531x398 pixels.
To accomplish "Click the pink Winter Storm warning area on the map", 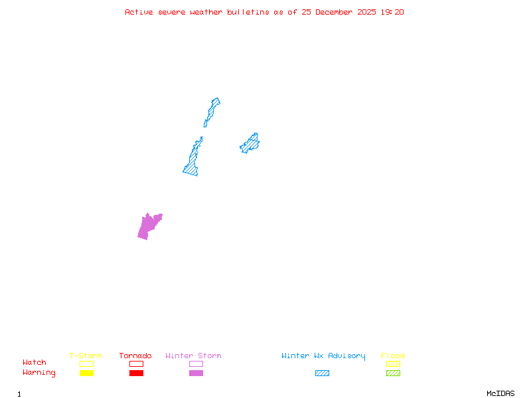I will tap(149, 226).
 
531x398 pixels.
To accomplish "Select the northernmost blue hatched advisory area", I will tap(212, 109).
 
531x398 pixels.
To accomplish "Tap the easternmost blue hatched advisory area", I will tap(250, 143).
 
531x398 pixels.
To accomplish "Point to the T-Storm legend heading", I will tap(86, 356).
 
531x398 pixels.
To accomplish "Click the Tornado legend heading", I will tap(135, 356).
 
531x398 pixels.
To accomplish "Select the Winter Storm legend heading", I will tap(193, 356).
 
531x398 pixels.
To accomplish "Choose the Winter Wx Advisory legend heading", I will tap(323, 356).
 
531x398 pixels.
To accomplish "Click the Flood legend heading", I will tap(393, 356).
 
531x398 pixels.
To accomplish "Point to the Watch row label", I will tap(35, 363).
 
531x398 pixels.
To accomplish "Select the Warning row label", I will tap(39, 373).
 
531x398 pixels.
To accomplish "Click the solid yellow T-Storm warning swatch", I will tap(86, 373).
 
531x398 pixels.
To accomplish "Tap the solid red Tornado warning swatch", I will tap(136, 373).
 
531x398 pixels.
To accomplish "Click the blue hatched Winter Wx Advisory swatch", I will tap(322, 373).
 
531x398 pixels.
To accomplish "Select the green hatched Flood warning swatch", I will tap(393, 373).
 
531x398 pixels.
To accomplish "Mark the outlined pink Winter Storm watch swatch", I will tap(196, 364).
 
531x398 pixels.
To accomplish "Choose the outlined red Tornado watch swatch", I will tap(136, 364).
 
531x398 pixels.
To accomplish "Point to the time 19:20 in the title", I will tap(394, 12).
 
